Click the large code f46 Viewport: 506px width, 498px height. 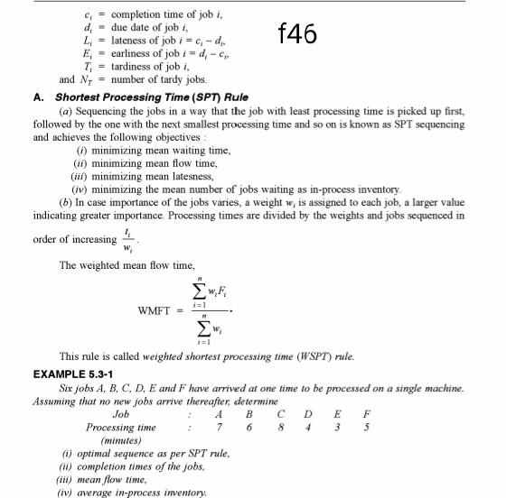tap(297, 34)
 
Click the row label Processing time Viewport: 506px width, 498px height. tap(120, 427)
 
